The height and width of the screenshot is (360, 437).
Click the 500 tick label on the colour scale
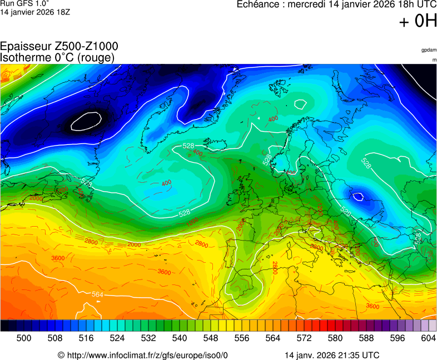point(24,338)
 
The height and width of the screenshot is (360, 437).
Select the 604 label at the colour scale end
point(428,338)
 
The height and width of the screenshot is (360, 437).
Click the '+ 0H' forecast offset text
point(418,22)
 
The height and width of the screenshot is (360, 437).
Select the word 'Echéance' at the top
point(259,5)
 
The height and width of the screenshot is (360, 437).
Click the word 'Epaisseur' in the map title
point(24,47)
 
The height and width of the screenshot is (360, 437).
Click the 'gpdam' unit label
point(429,50)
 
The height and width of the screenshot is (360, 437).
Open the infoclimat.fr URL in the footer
point(147,355)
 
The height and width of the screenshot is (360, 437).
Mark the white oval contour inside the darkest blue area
point(86,121)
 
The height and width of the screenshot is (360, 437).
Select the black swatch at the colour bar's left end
point(4,326)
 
